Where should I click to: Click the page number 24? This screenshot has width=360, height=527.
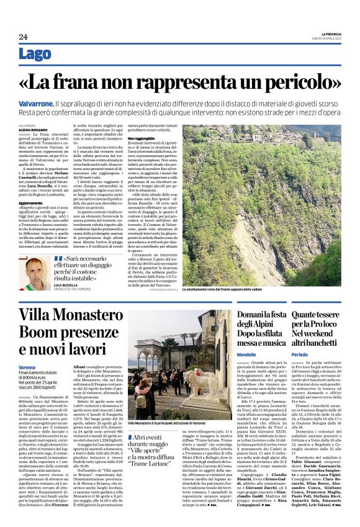tap(23, 37)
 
